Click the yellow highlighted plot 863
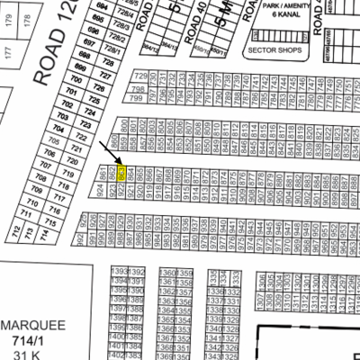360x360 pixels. (122, 171)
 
